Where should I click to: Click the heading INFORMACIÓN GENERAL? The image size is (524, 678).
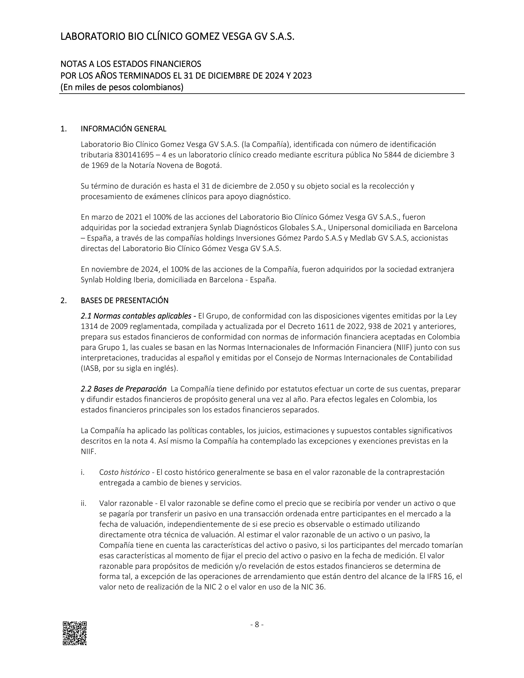pos(123,129)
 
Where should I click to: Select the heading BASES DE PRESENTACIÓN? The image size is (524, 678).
pos(125,301)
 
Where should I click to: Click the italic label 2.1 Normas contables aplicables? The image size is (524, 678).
pos(136,316)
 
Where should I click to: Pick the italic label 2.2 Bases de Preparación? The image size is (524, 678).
pos(123,389)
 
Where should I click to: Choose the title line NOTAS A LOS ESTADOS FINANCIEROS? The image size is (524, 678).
pos(131,64)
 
